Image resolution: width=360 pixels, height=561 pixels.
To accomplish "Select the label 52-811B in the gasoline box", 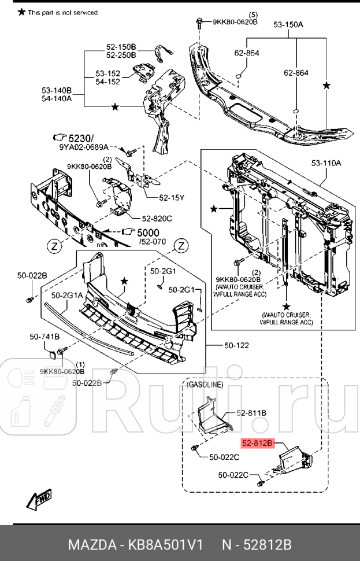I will (x=251, y=413).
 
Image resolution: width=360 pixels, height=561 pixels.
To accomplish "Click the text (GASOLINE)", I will (x=205, y=385).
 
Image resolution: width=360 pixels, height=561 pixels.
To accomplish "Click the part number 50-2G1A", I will (x=66, y=295).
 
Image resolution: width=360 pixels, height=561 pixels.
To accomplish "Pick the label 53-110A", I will (x=326, y=163).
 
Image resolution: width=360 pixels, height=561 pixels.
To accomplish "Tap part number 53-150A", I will (x=288, y=24).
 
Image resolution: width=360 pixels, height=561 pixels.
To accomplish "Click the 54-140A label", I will (x=56, y=98).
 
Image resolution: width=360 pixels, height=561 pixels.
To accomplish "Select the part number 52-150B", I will (x=121, y=46).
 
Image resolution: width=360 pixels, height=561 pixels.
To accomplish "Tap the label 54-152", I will (x=108, y=82).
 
